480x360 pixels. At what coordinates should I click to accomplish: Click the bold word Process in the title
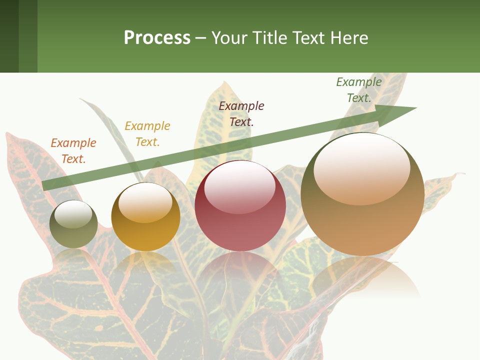(157, 38)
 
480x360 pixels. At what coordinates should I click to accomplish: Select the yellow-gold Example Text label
(147, 134)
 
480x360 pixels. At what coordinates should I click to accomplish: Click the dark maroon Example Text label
(241, 113)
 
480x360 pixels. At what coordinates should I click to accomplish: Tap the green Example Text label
(359, 90)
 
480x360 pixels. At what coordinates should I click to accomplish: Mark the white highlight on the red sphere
(240, 187)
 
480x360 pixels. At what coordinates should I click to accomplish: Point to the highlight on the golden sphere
(145, 202)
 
